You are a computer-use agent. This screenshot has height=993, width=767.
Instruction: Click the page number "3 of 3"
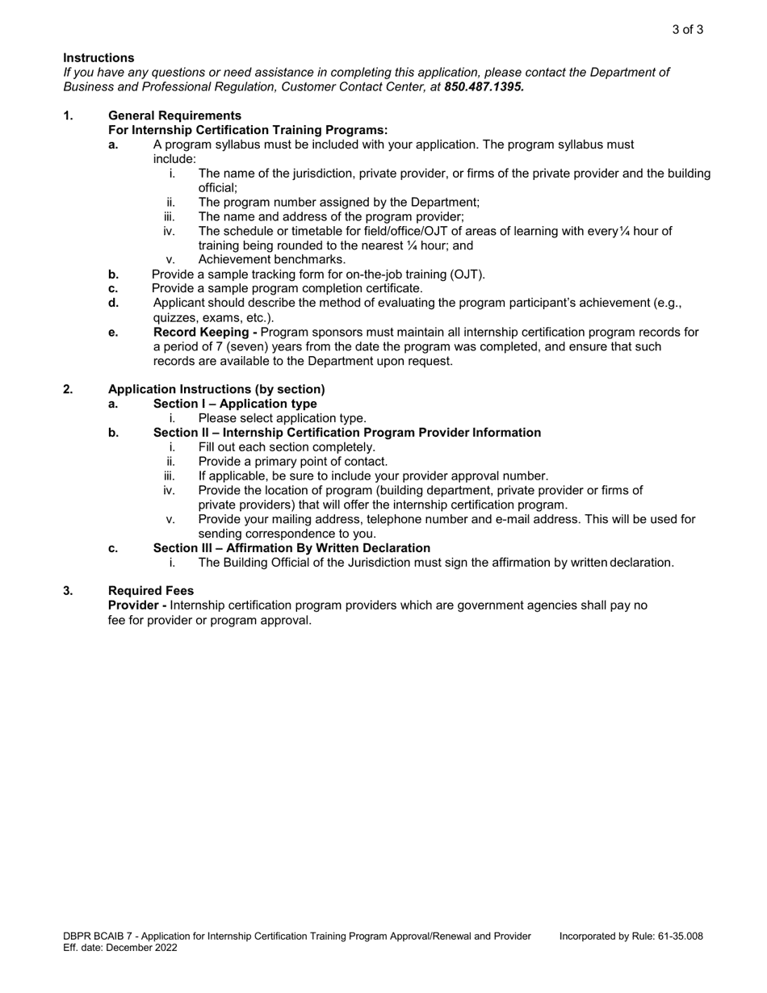click(687, 30)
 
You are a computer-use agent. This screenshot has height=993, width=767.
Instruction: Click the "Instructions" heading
click(98, 58)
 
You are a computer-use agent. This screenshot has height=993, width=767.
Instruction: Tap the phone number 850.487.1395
click(484, 86)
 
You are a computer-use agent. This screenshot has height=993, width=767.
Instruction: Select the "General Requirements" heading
click(174, 115)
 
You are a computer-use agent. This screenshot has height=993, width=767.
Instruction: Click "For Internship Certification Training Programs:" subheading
click(248, 130)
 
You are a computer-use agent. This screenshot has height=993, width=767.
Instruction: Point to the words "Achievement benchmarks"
click(271, 260)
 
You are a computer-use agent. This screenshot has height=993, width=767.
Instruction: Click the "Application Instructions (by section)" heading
click(216, 389)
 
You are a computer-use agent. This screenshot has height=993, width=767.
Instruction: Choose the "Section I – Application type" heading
click(235, 404)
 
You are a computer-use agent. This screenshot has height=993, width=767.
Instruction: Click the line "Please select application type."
click(282, 418)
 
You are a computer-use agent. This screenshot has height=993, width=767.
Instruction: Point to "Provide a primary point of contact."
click(293, 462)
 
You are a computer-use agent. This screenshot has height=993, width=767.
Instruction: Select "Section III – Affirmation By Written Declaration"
click(291, 548)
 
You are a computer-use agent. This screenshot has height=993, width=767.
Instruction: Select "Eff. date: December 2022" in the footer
click(119, 948)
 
